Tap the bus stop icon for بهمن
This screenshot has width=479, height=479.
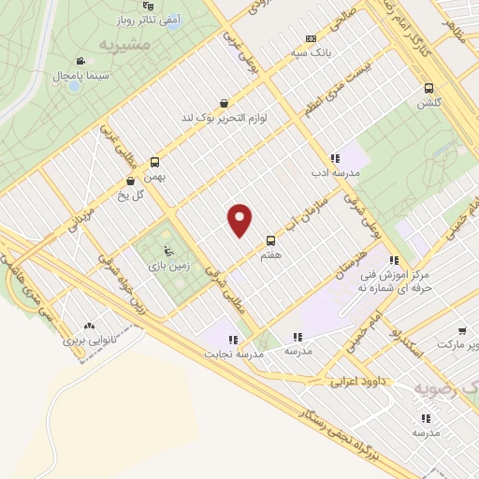click(154, 161)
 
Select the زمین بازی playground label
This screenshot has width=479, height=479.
click(167, 266)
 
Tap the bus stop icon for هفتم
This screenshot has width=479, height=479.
click(271, 239)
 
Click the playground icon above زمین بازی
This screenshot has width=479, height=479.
click(167, 250)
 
